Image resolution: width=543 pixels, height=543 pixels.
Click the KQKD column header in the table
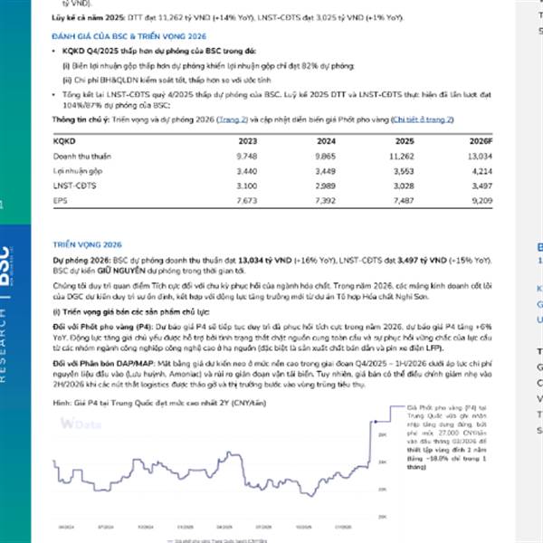(x=66, y=141)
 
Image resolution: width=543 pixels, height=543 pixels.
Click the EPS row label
(x=62, y=199)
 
